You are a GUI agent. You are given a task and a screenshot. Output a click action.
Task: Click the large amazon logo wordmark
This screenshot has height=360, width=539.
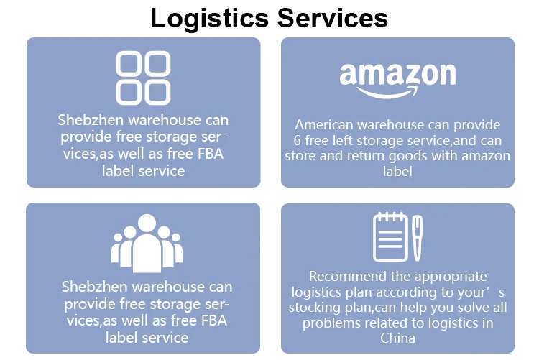397,74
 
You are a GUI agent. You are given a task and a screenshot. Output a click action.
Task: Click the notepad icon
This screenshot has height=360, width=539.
390,236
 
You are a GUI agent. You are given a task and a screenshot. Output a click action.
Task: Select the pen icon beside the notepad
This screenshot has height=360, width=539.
418,237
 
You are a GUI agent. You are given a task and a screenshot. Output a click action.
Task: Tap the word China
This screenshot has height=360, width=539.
397,338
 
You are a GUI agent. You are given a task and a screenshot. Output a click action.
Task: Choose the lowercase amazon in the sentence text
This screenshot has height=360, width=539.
484,156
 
